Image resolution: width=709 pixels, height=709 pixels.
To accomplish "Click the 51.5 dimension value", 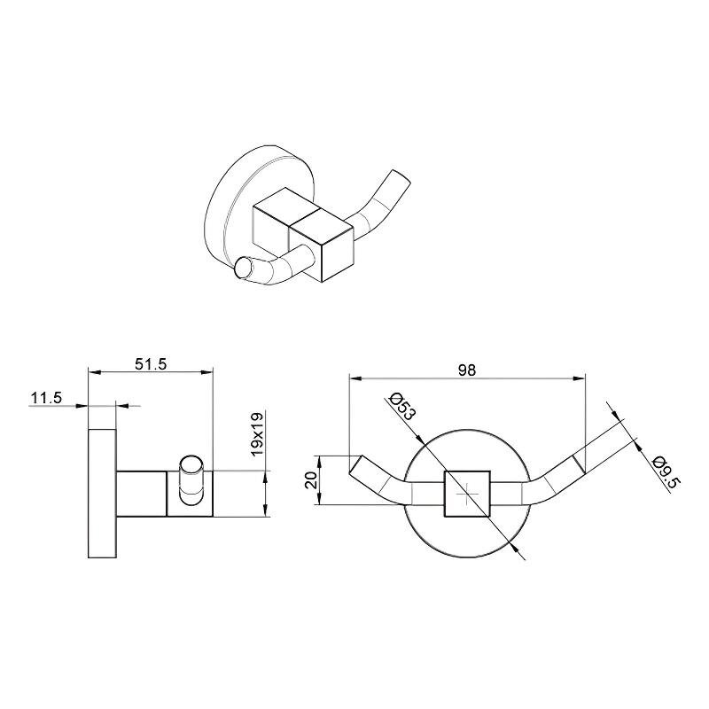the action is click(x=151, y=364).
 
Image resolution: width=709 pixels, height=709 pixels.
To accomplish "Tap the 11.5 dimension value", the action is click(x=46, y=398).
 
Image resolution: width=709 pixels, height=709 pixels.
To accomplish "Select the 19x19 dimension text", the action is click(x=257, y=433).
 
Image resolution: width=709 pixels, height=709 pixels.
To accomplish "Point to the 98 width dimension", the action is click(x=467, y=370).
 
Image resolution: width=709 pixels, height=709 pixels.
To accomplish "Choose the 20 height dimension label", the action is click(x=311, y=480).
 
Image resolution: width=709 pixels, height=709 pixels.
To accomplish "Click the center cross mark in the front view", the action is click(x=467, y=494).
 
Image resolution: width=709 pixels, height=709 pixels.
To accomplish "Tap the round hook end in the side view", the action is click(x=191, y=466).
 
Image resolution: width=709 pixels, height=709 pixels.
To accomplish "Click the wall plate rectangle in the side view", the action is click(x=102, y=494).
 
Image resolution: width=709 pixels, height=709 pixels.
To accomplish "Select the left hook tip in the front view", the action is click(x=355, y=464).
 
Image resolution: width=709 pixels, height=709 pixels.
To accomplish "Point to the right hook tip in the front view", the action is click(x=580, y=464).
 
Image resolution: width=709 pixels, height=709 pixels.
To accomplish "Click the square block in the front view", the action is click(x=468, y=494).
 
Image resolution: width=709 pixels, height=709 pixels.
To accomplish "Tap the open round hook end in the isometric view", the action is click(x=242, y=268).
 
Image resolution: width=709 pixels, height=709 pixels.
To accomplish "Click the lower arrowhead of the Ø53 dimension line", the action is click(x=513, y=544).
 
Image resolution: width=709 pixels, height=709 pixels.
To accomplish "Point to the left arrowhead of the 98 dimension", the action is click(x=356, y=378).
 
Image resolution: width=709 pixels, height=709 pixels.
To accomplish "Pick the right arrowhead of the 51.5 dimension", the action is click(x=206, y=372).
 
